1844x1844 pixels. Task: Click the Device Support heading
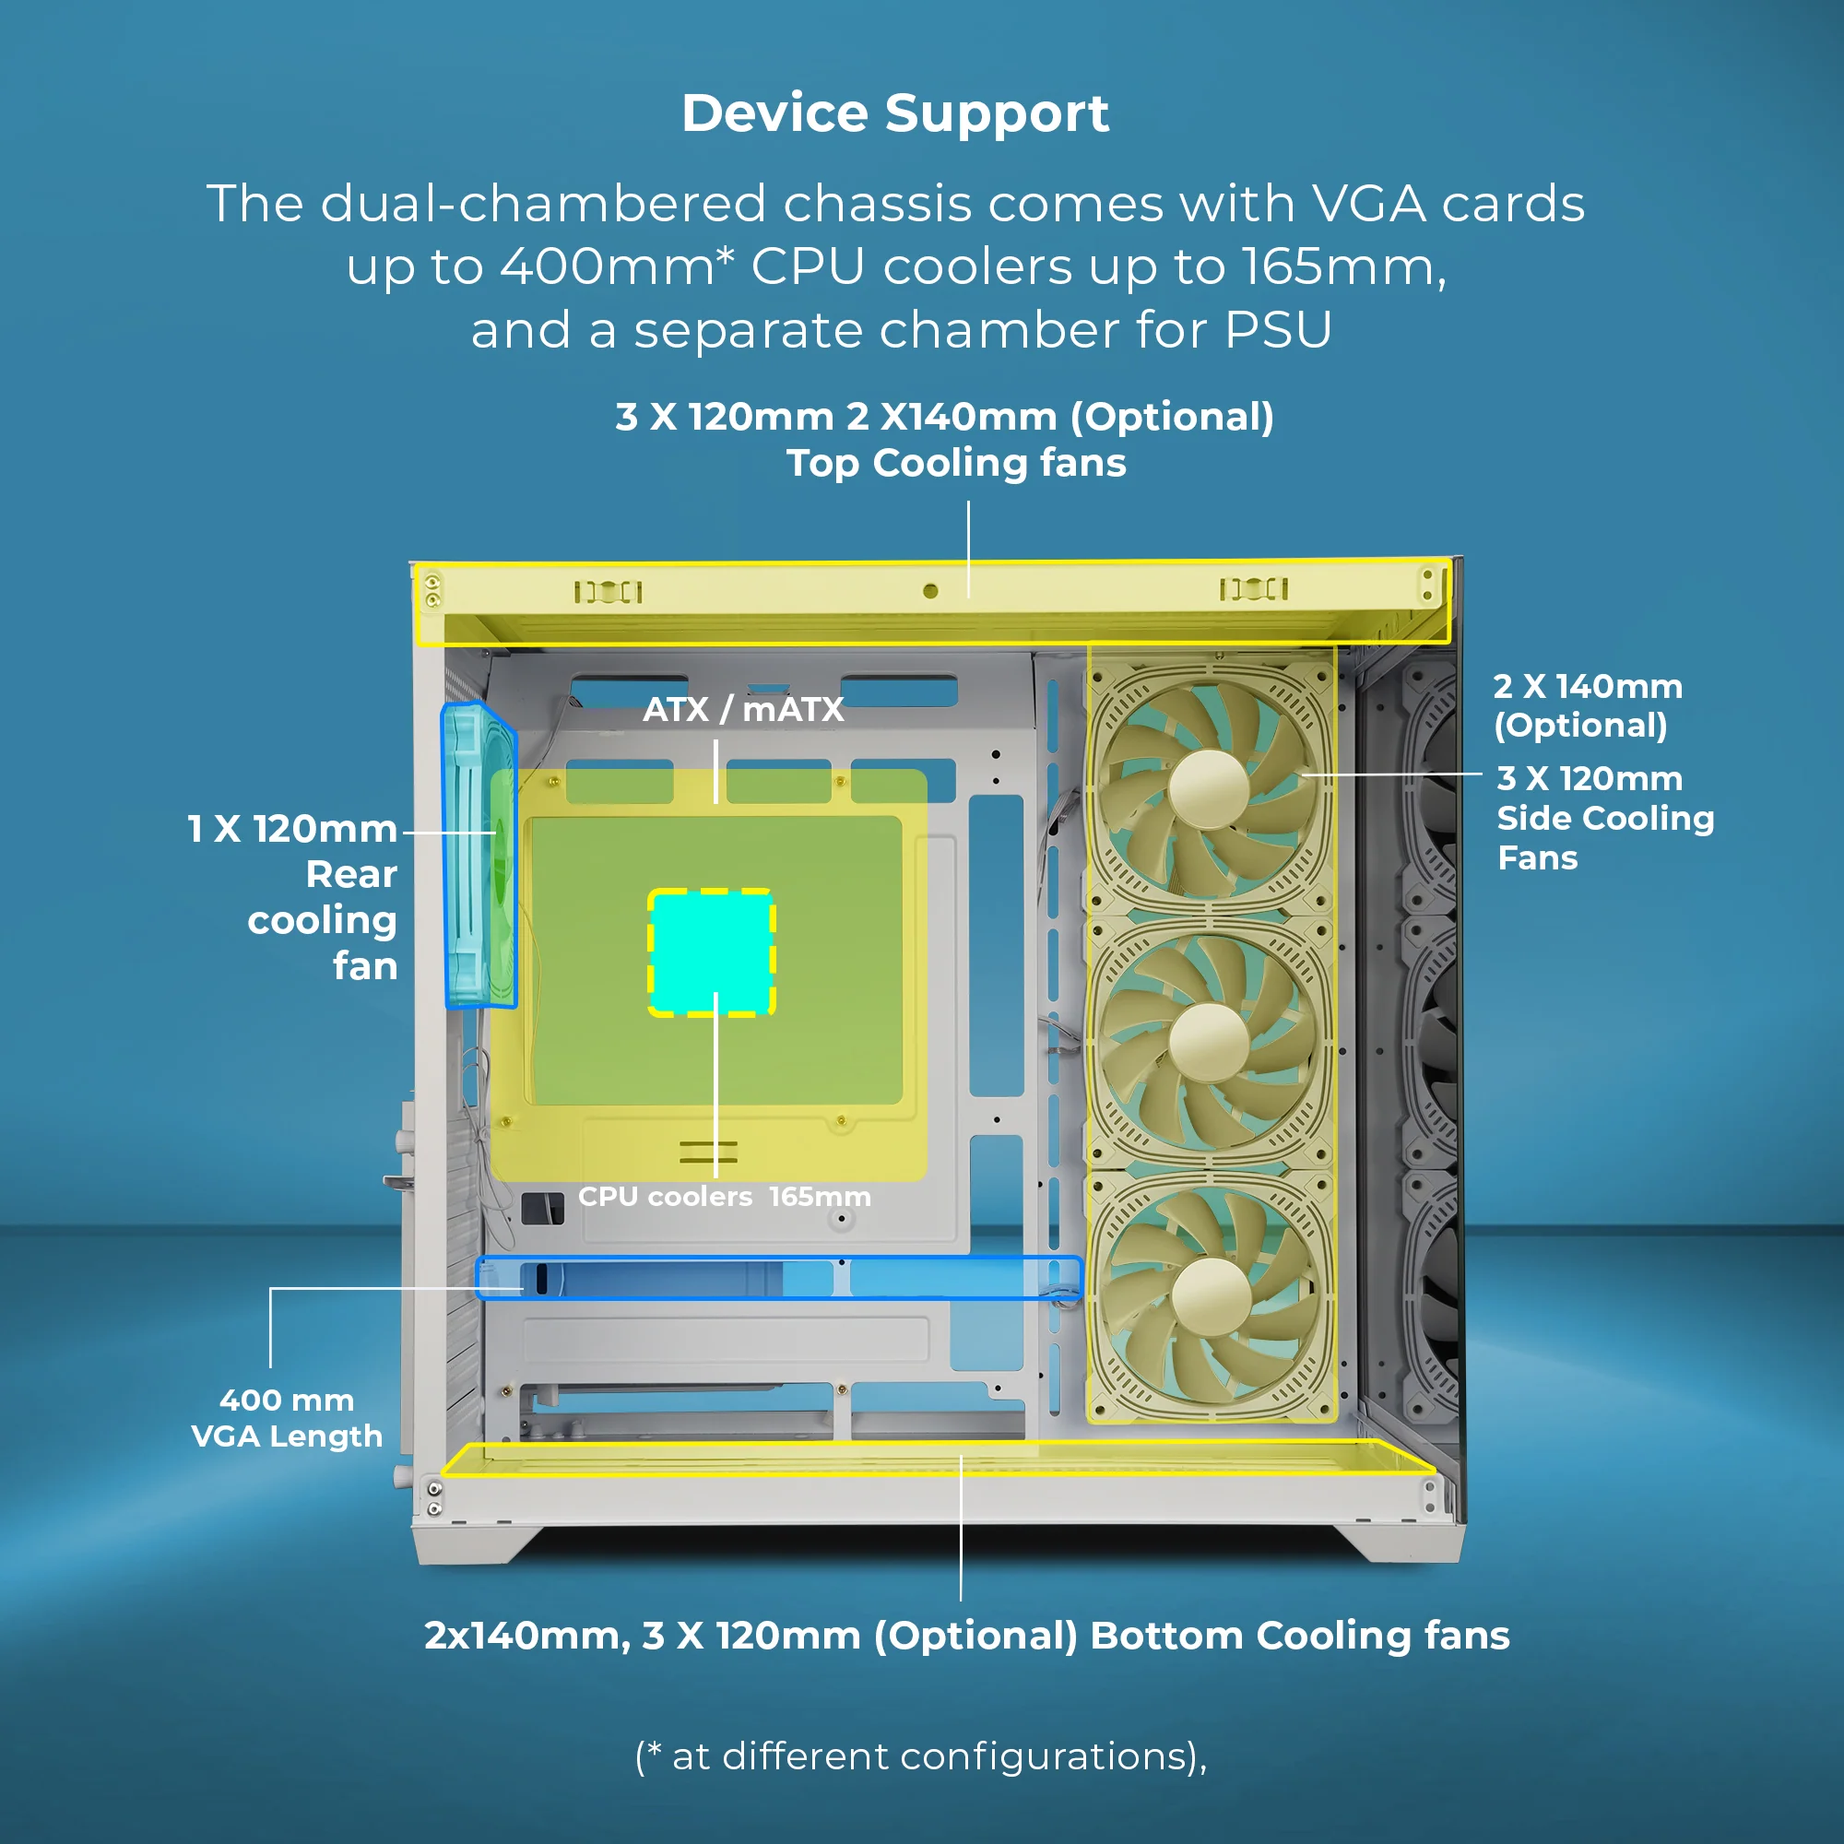coord(895,113)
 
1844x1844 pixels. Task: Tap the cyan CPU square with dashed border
coord(711,952)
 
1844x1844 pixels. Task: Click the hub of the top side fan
coord(1209,789)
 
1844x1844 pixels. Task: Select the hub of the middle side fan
coord(1210,1041)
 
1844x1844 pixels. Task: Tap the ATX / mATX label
coord(743,709)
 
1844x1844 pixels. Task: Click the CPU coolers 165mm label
coord(725,1197)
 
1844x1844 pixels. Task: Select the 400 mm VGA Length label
coord(287,1418)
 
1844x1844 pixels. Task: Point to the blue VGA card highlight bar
coord(779,1278)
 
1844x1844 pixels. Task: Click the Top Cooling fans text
coord(956,463)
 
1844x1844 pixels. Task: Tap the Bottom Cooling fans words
coord(1300,1636)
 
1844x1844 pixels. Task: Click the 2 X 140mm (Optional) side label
coord(1589,705)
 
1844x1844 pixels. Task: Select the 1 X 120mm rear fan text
coord(292,829)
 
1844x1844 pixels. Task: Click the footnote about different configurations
coord(921,1756)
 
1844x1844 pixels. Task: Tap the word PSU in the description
coord(1278,330)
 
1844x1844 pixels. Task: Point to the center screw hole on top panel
coord(930,592)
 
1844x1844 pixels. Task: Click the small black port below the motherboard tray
coord(542,1209)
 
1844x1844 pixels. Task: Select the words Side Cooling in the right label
coord(1605,818)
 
